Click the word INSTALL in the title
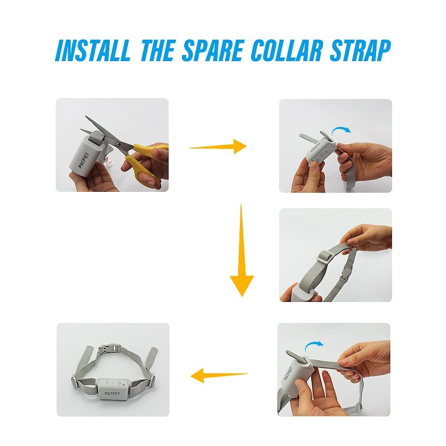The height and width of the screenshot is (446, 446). [x=93, y=50]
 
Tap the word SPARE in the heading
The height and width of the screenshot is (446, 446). [x=213, y=50]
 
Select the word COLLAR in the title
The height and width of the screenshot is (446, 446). [x=287, y=50]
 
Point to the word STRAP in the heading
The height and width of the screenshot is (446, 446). [x=360, y=50]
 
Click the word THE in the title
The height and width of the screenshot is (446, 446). [x=157, y=50]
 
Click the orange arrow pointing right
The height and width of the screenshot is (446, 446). [x=218, y=146]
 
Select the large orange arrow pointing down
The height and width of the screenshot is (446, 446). [x=241, y=250]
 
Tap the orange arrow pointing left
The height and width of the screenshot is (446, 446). [x=219, y=376]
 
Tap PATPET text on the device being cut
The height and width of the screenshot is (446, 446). [x=83, y=160]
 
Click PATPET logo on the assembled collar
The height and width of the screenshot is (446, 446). [x=112, y=393]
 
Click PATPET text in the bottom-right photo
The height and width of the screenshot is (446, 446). [x=288, y=374]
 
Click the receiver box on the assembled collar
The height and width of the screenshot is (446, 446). [x=113, y=388]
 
